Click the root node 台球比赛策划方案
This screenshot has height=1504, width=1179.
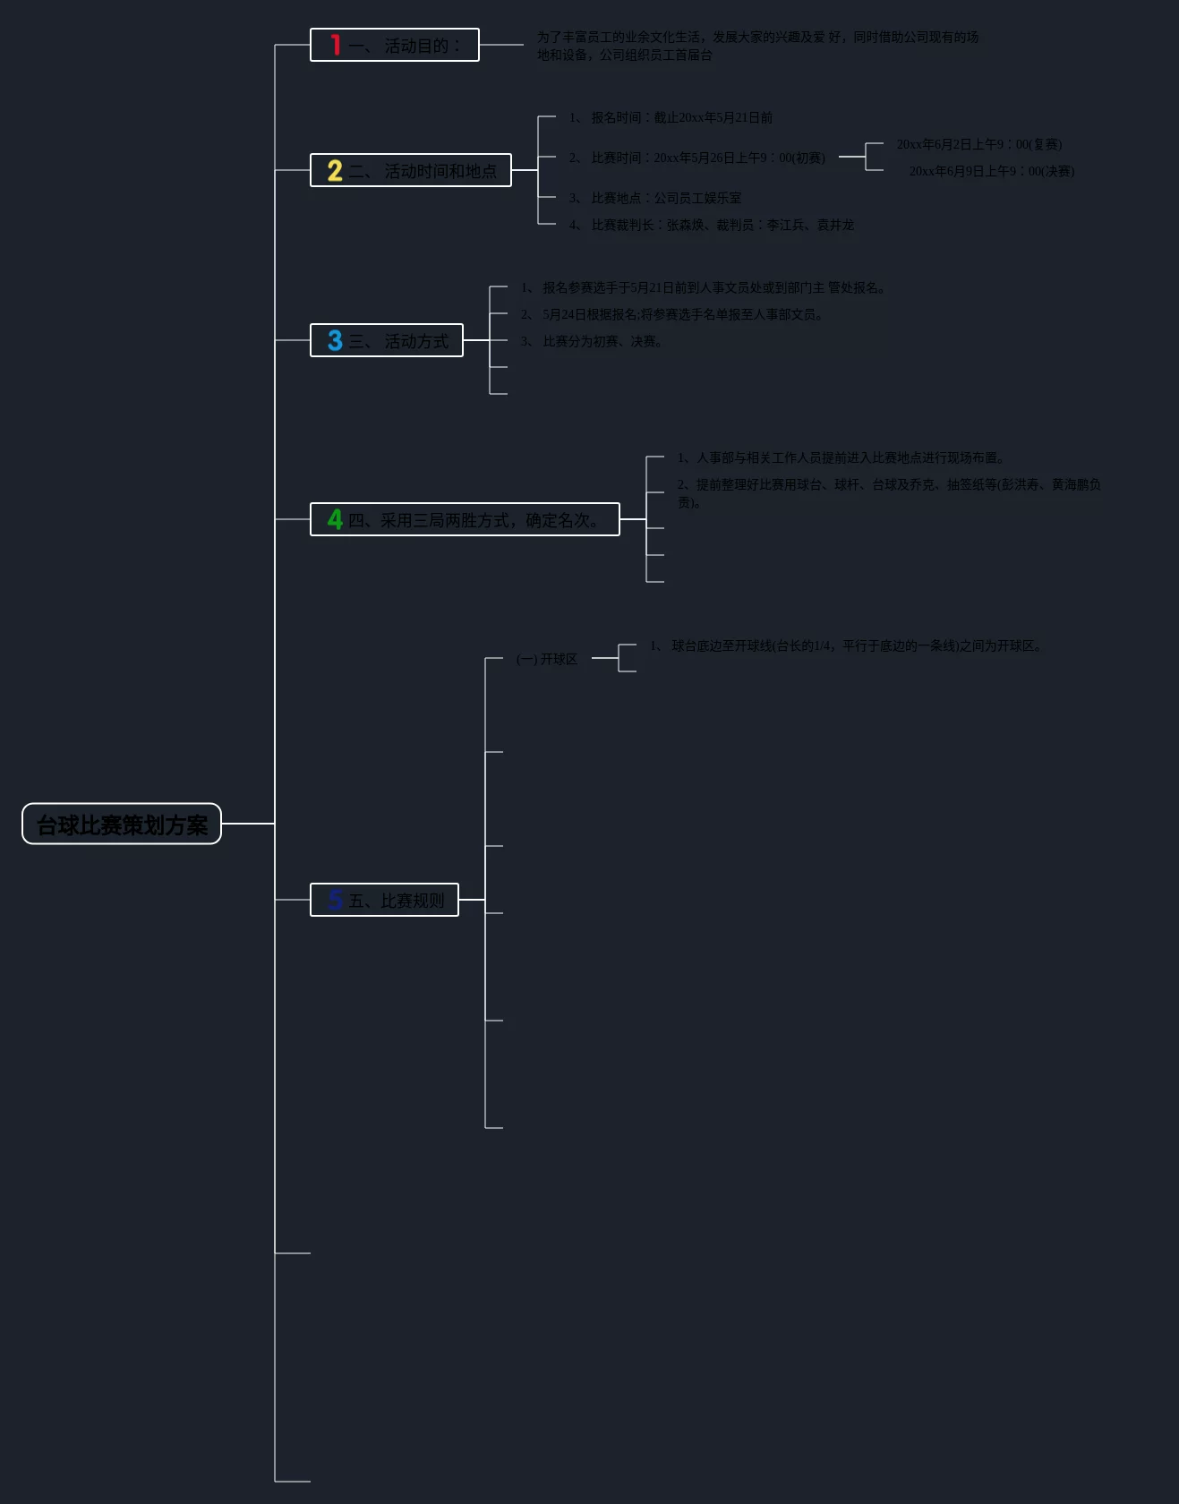122,825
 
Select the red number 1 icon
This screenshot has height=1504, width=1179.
336,45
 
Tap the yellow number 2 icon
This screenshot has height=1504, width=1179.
335,170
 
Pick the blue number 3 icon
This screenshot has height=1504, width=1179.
335,340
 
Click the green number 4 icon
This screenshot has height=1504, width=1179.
335,519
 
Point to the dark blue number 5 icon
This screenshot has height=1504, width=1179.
335,900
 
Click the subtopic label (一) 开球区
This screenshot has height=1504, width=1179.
547,659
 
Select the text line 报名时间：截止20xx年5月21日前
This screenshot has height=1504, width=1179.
671,117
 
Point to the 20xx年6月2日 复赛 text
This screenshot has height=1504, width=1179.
979,144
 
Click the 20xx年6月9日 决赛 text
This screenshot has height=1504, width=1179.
992,171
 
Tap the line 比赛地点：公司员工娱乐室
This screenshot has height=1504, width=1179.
656,198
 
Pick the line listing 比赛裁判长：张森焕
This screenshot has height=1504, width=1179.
713,225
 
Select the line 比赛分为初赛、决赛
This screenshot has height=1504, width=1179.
593,341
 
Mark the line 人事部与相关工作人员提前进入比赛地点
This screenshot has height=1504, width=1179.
842,457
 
